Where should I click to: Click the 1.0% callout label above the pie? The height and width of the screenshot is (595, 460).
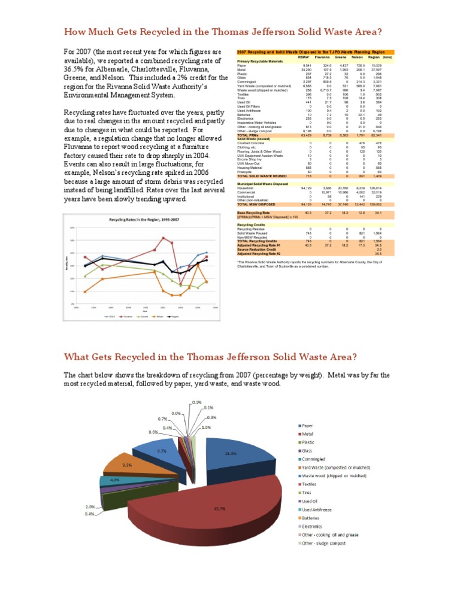[206, 428]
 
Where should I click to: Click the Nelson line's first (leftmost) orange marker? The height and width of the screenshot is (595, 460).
[85, 292]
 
